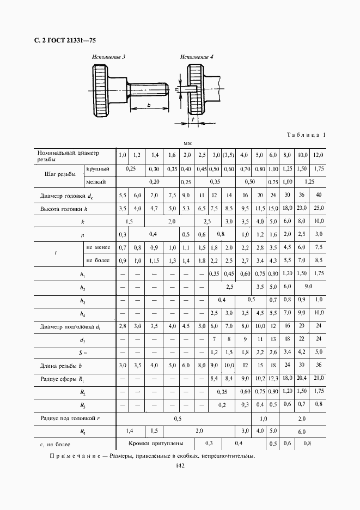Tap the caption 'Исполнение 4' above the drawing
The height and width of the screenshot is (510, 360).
pyautogui.click(x=197, y=57)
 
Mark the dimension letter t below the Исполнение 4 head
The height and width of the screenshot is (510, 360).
pyautogui.click(x=193, y=118)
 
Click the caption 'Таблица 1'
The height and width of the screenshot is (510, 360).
pyautogui.click(x=305, y=135)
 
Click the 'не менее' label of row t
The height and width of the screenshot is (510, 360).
pyautogui.click(x=98, y=247)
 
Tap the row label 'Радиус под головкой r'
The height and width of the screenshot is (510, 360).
pyautogui.click(x=70, y=418)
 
